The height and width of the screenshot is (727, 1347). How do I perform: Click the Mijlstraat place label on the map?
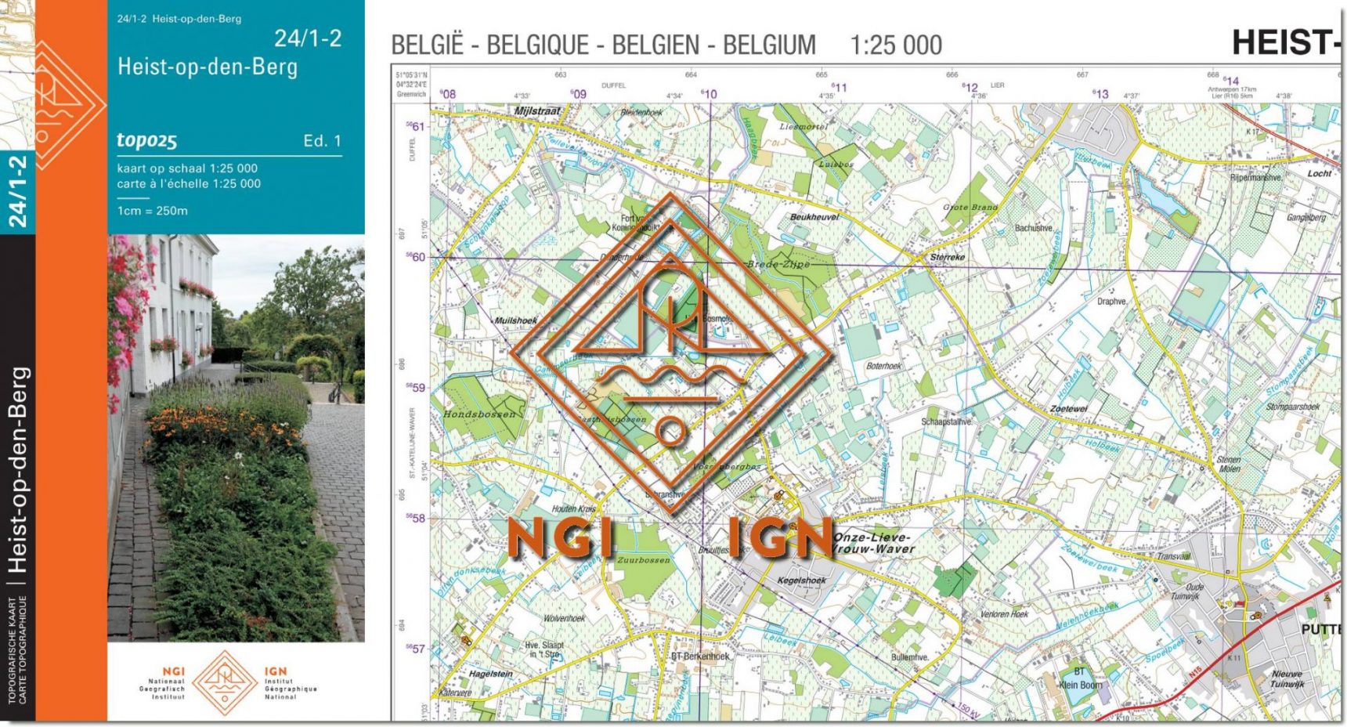click(537, 111)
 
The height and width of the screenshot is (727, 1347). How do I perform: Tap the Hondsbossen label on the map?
click(480, 414)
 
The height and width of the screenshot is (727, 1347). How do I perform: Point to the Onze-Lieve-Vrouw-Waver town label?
click(873, 543)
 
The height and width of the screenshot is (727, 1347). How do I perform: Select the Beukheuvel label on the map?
click(814, 217)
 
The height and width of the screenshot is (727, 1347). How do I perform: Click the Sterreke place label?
click(947, 257)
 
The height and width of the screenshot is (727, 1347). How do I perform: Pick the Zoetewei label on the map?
click(1068, 409)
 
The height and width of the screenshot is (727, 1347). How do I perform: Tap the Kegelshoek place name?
click(801, 581)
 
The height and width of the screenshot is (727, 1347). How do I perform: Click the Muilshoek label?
click(515, 320)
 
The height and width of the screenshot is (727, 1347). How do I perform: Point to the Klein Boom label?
click(1080, 685)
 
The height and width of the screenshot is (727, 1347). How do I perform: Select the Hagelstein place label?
click(491, 674)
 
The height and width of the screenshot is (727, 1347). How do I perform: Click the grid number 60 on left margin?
click(418, 257)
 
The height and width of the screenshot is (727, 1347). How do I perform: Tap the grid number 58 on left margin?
click(418, 518)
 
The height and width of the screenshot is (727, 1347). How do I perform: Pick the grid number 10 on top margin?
click(710, 94)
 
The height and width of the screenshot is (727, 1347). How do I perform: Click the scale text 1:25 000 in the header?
click(896, 45)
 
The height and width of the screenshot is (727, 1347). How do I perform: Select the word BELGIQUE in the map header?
click(537, 45)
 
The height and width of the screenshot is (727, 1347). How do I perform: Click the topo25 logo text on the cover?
click(146, 140)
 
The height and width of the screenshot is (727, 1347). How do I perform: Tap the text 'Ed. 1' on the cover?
click(322, 141)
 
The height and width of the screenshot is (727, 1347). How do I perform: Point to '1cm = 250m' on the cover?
click(152, 211)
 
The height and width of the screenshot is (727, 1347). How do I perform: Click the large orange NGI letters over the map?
click(561, 539)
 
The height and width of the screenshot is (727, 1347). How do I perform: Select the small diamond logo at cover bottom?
click(225, 682)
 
